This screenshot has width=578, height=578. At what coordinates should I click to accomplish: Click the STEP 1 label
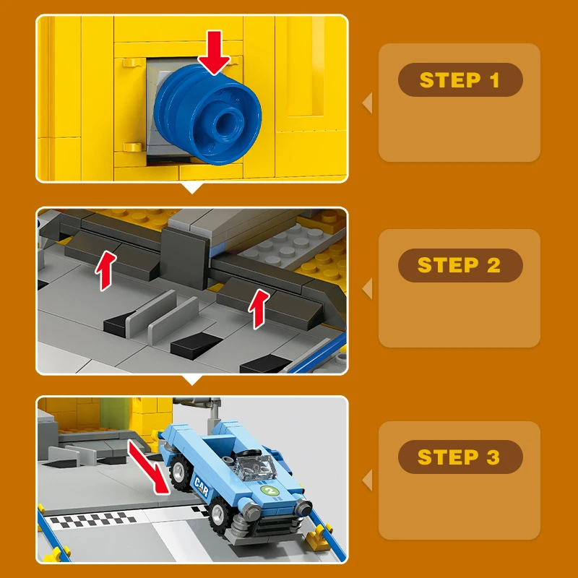pyautogui.click(x=460, y=80)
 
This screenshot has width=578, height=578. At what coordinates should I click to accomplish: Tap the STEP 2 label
pyautogui.click(x=460, y=265)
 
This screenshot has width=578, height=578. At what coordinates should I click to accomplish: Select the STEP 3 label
pyautogui.click(x=460, y=457)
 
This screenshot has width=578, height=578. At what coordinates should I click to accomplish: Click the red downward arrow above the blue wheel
pyautogui.click(x=214, y=52)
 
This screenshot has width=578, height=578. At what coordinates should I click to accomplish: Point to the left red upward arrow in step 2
pyautogui.click(x=105, y=270)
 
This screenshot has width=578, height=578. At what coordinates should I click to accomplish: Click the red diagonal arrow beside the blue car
pyautogui.click(x=149, y=467)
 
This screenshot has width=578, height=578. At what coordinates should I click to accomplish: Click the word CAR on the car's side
pyautogui.click(x=202, y=486)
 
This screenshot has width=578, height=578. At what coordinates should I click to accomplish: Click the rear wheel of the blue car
pyautogui.click(x=180, y=472)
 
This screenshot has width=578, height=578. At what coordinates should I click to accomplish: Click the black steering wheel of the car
pyautogui.click(x=250, y=454)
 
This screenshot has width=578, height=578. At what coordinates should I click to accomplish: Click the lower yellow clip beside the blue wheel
pyautogui.click(x=133, y=147)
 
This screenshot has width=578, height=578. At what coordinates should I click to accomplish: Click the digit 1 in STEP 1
pyautogui.click(x=495, y=80)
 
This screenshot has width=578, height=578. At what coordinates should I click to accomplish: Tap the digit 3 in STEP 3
pyautogui.click(x=494, y=457)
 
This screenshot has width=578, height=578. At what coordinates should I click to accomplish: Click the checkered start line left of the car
pyautogui.click(x=93, y=520)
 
